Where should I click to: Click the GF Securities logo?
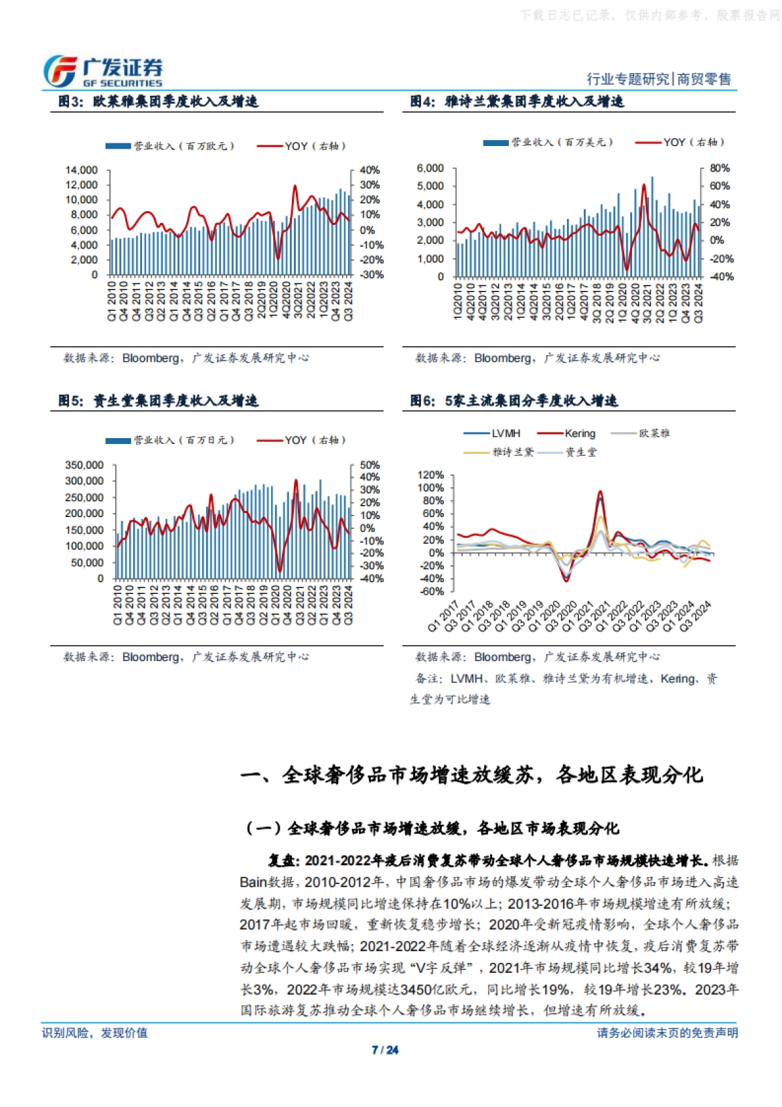(103, 71)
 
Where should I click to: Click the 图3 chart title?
(158, 101)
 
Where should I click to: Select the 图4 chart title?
(517, 101)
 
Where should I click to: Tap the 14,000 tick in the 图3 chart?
(81, 170)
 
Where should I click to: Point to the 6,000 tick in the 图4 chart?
(430, 168)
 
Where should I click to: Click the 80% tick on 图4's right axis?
(719, 168)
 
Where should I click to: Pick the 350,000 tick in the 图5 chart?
(84, 465)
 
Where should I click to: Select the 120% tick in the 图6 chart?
(430, 475)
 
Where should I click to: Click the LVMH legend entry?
(506, 433)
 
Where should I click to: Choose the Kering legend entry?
(579, 433)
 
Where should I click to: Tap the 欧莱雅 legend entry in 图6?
(654, 433)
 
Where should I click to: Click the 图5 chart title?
(158, 400)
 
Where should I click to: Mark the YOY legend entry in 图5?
(314, 440)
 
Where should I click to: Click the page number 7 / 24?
(385, 1050)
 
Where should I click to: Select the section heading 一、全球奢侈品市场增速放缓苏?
(472, 775)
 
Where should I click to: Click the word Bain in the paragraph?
(253, 882)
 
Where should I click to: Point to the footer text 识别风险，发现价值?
(95, 1033)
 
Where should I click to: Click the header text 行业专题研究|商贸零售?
(658, 79)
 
